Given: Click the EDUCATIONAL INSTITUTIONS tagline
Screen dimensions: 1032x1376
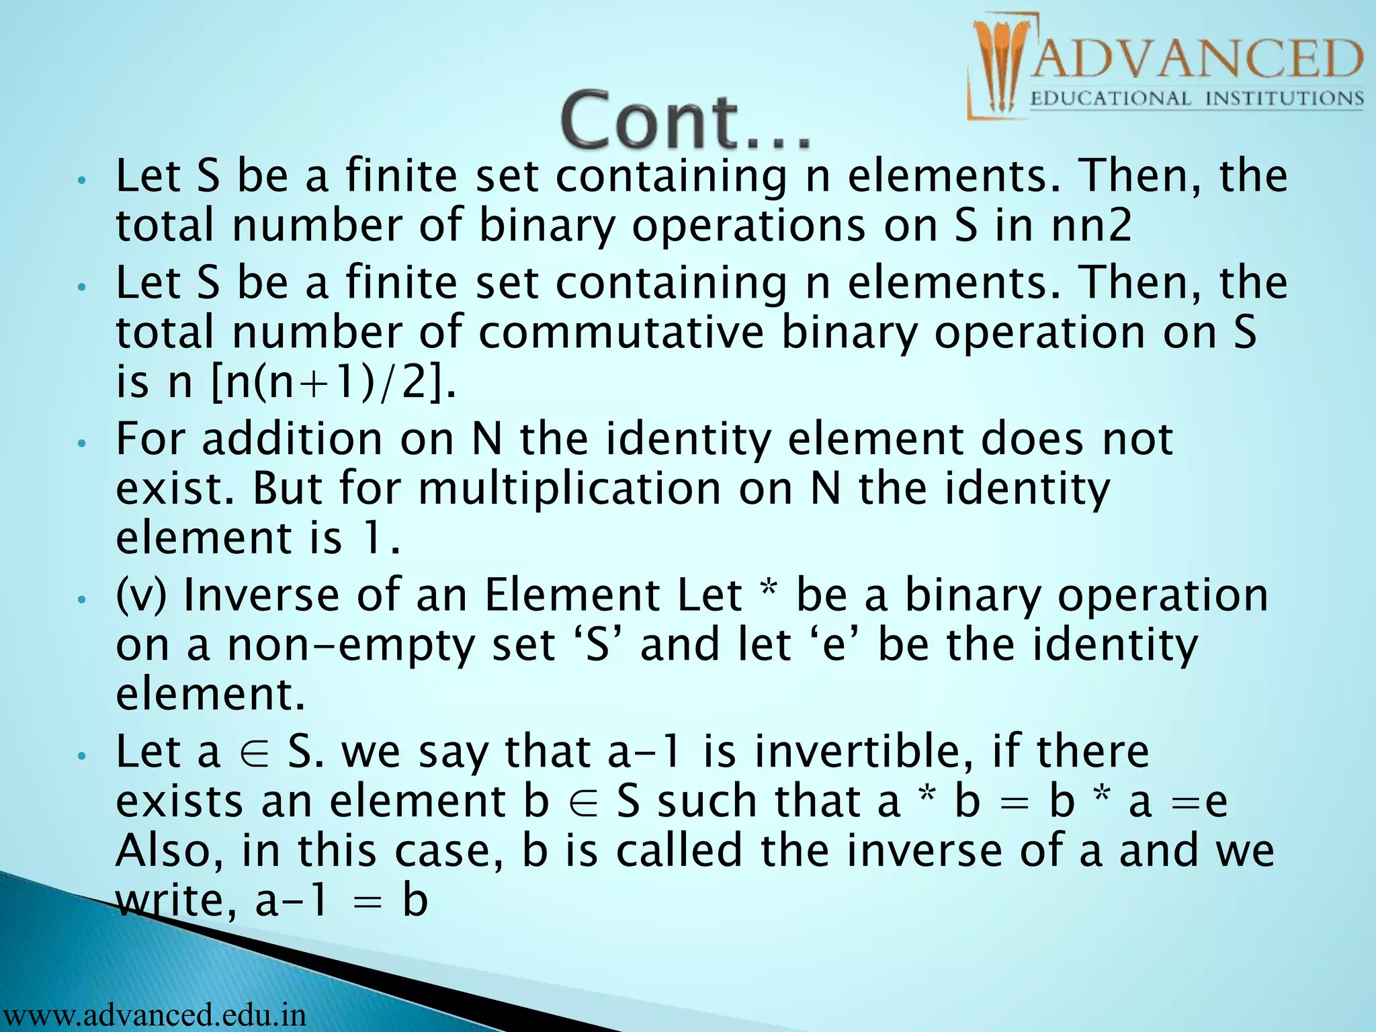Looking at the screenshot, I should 1196,99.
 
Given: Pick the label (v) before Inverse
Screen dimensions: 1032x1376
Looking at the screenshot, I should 140,595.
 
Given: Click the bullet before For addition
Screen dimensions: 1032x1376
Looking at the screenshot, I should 81,443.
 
